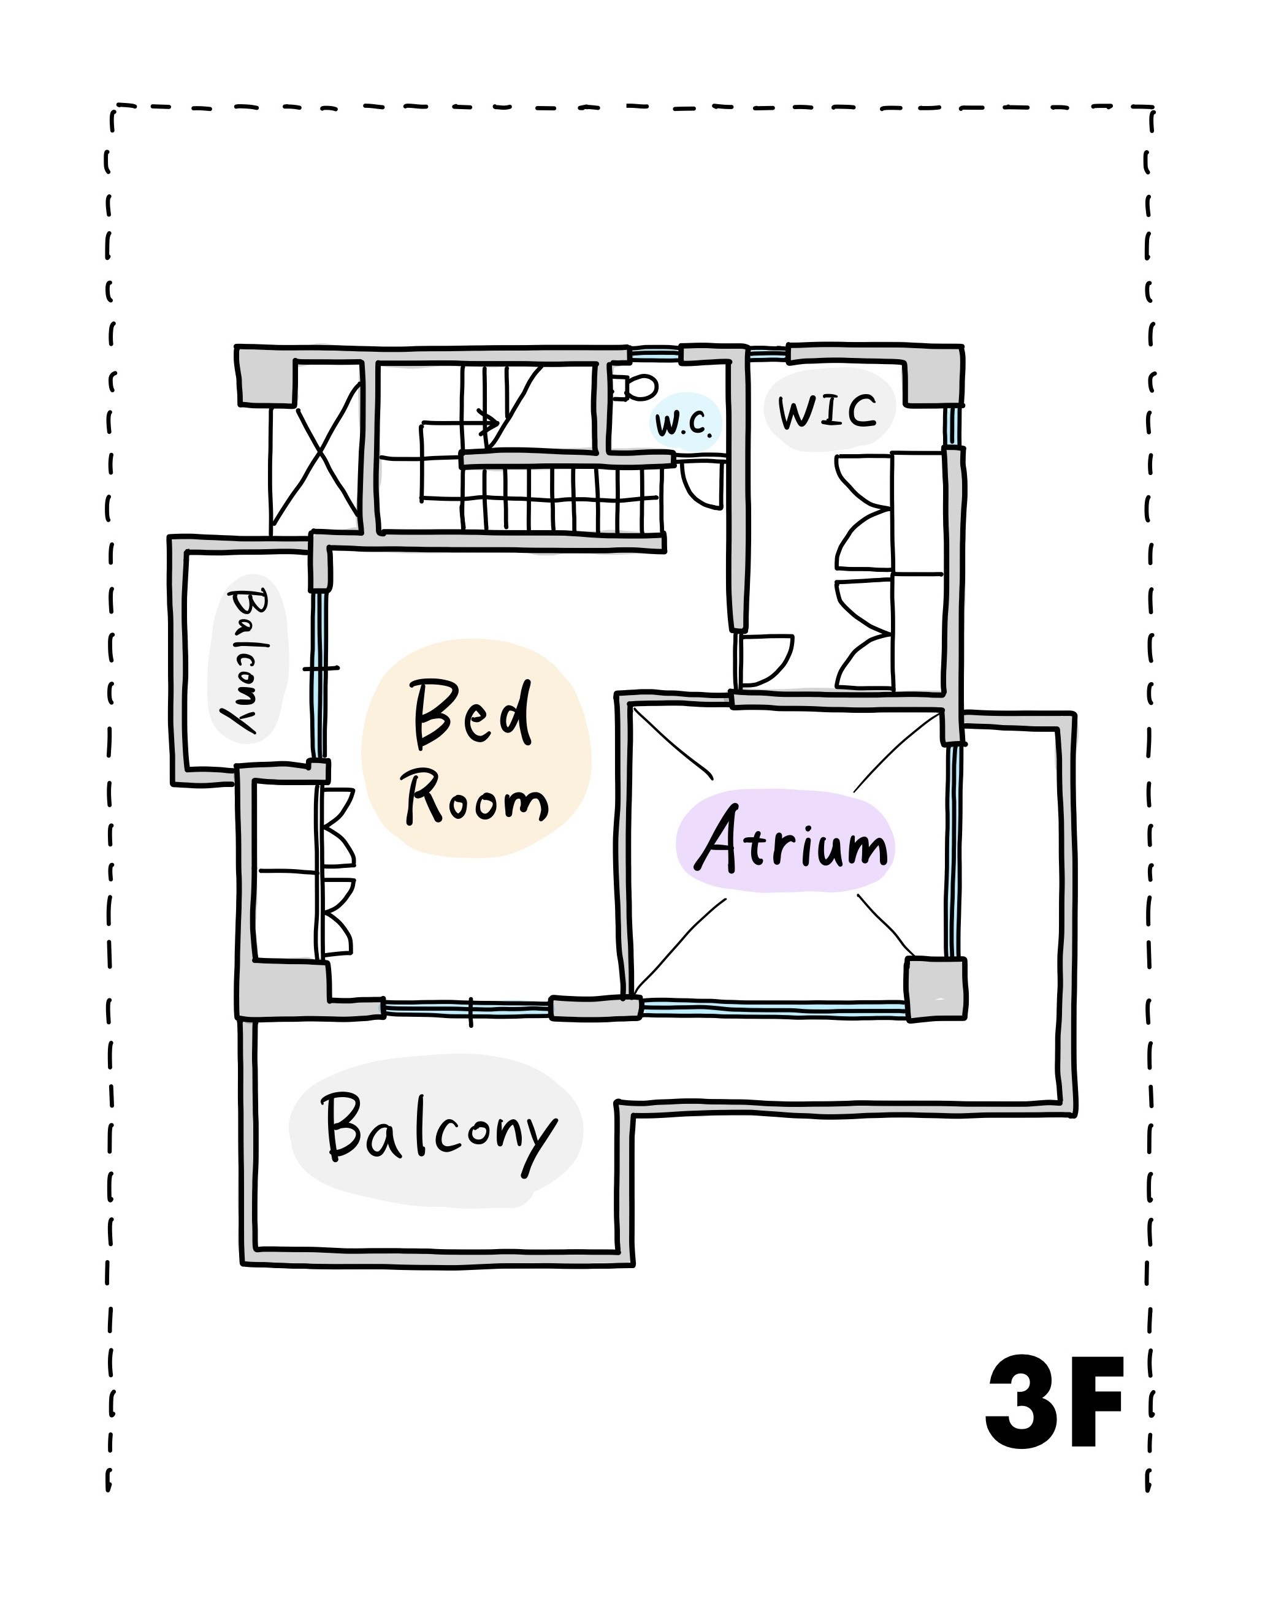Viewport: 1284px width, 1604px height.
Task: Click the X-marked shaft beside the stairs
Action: click(x=316, y=466)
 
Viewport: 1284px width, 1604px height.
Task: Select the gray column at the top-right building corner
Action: click(x=934, y=376)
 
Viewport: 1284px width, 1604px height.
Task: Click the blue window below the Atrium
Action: click(x=773, y=1009)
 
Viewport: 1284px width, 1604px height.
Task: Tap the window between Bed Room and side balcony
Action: click(x=319, y=674)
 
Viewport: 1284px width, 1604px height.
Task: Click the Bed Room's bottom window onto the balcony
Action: click(x=467, y=1009)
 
